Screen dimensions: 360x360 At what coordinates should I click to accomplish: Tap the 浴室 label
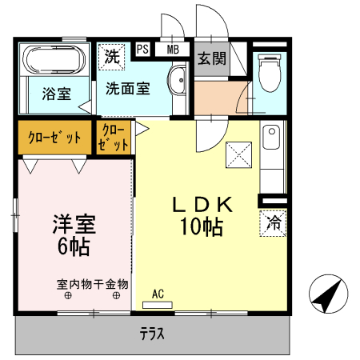55,94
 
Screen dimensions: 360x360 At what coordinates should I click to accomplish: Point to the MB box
172,49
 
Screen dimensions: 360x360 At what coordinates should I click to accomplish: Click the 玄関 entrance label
211,58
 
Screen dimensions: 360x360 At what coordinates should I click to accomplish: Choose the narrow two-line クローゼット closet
114,137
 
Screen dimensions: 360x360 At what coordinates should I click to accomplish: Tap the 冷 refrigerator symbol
272,222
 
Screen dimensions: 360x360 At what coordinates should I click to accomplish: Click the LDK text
202,205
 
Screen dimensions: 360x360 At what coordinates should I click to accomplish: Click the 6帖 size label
74,245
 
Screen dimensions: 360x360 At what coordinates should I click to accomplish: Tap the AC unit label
158,293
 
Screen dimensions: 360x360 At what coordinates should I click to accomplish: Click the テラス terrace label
152,334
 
